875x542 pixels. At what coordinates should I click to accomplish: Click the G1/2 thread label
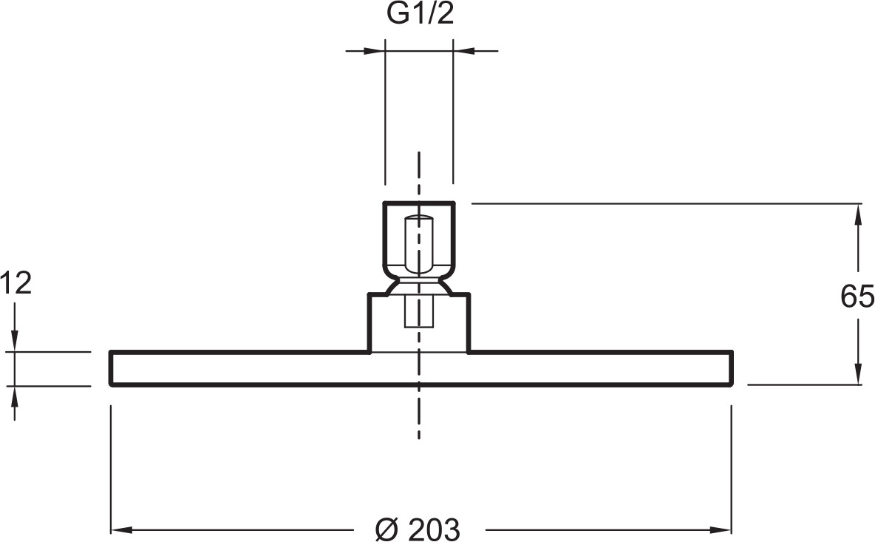click(x=421, y=14)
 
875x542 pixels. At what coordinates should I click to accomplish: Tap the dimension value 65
click(x=857, y=296)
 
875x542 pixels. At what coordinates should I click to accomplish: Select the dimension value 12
click(x=16, y=283)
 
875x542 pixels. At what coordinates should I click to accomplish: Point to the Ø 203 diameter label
click(x=418, y=529)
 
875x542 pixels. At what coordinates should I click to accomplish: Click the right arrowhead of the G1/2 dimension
click(x=463, y=51)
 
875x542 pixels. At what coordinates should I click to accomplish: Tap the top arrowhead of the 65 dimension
click(x=858, y=215)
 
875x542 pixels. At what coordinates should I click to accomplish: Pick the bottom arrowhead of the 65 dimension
click(x=858, y=373)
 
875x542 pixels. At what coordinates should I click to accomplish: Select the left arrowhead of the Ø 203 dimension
click(x=122, y=529)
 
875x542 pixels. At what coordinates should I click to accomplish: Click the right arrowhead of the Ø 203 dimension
click(x=721, y=529)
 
